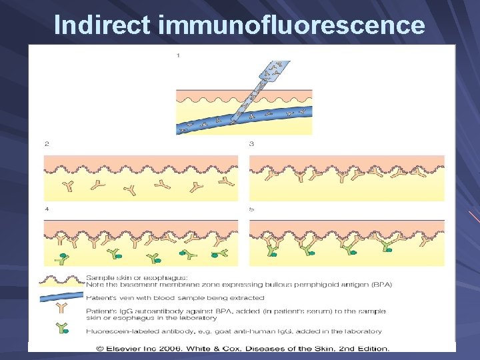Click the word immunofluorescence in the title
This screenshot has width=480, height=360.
291,25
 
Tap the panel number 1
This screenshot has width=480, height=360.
178,55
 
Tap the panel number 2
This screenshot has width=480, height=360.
47,143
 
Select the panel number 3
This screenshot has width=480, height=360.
251,143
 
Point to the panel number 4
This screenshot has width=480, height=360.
47,209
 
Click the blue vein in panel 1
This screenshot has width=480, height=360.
200,119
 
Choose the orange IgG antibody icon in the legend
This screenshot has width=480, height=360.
62,309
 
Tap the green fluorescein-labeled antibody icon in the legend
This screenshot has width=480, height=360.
62,328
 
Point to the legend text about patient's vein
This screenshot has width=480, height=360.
175,297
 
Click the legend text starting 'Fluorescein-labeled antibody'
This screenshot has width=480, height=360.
233,331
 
